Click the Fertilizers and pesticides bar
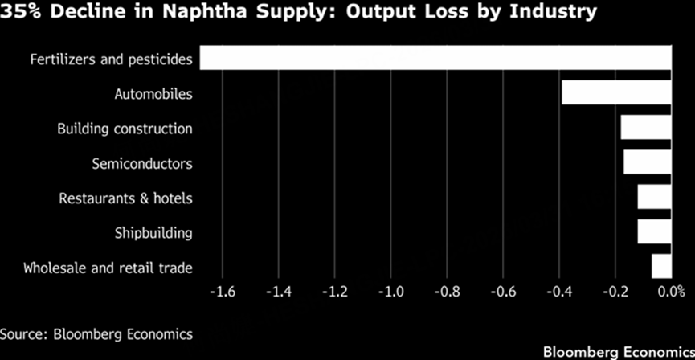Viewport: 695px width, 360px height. click(435, 59)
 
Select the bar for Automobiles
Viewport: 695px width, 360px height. click(615, 93)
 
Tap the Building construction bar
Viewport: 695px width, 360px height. click(645, 128)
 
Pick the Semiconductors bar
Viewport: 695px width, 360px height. click(647, 162)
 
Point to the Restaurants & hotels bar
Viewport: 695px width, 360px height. click(654, 197)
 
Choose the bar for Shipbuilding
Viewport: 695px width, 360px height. click(654, 231)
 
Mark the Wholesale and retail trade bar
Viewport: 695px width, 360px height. click(660, 266)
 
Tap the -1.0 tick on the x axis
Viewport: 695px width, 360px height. click(390, 292)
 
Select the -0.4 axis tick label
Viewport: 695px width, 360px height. click(558, 292)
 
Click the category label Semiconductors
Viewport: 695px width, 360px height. click(142, 164)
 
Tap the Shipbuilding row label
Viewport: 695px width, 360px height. click(153, 233)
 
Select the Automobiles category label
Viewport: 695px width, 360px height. click(153, 95)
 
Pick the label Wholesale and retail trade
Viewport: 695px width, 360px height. click(108, 268)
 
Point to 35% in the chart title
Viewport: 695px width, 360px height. click(20, 13)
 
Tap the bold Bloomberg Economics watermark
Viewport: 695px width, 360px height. click(616, 352)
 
